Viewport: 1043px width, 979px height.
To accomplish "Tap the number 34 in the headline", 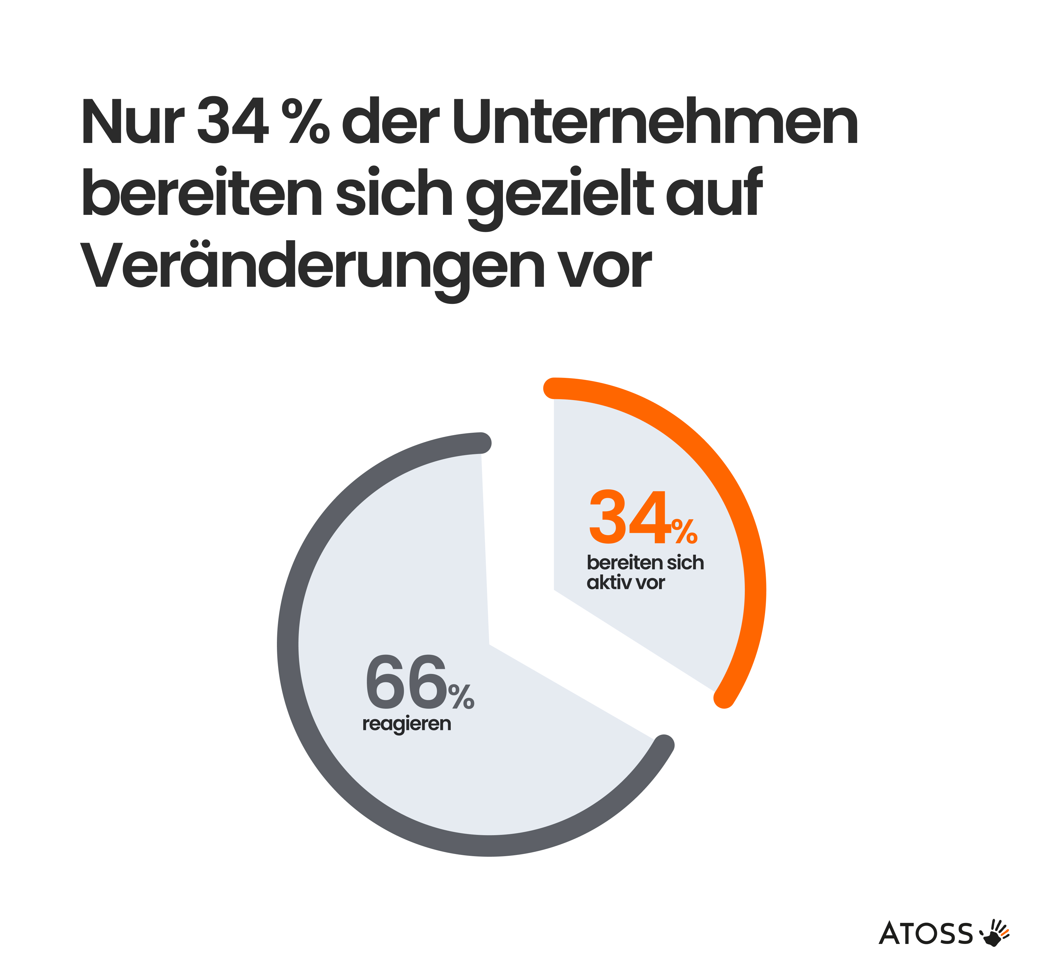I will pyautogui.click(x=232, y=122).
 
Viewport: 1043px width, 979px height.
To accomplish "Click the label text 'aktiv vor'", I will pyautogui.click(x=626, y=582).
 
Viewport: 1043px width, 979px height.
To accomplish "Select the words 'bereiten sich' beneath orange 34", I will pyautogui.click(x=645, y=562).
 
